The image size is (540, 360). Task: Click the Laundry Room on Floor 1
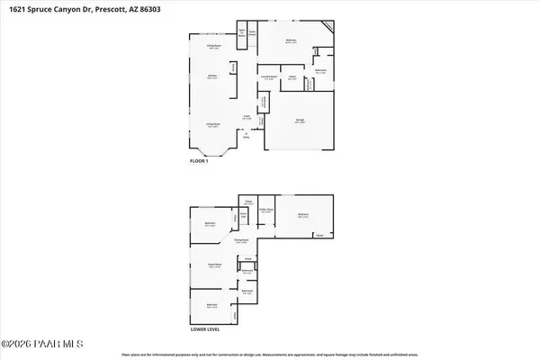268,78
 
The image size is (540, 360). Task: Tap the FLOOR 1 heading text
199,161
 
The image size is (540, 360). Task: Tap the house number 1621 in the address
18,11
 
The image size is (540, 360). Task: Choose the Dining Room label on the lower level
241,240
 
